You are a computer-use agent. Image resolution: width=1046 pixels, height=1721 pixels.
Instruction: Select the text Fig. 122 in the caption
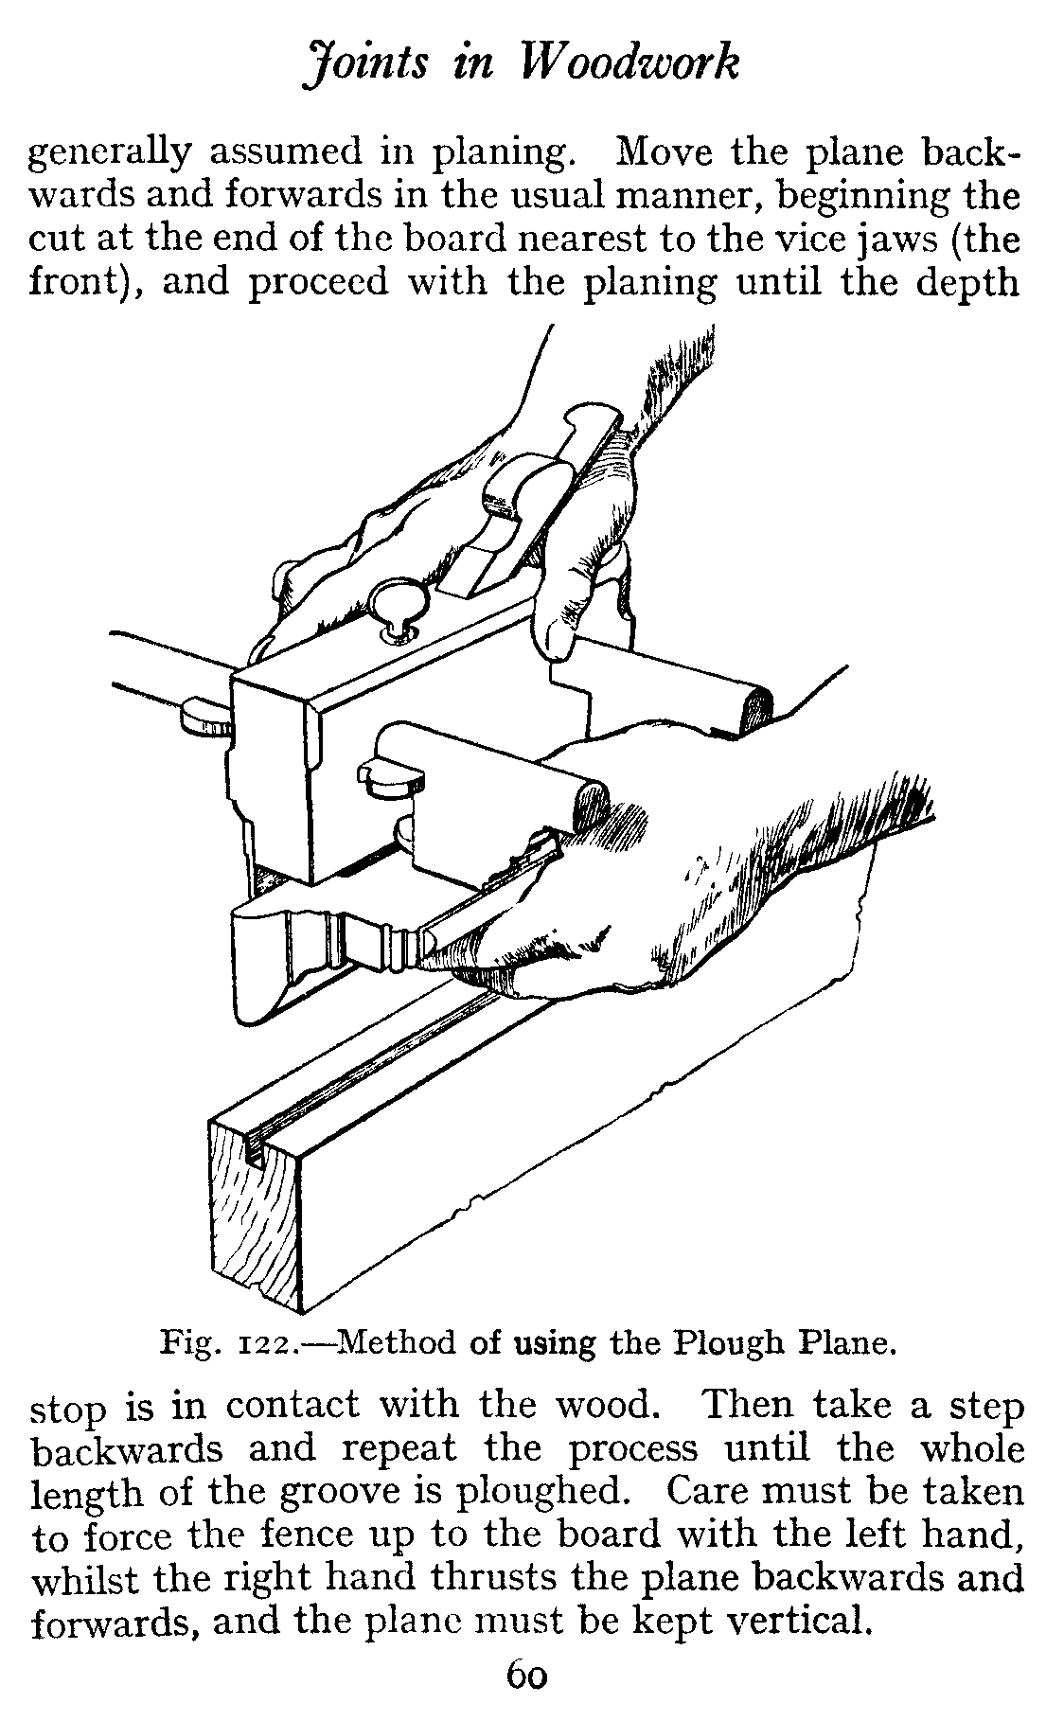(x=231, y=1343)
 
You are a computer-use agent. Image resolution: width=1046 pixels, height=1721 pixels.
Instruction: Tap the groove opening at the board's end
(x=254, y=1148)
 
